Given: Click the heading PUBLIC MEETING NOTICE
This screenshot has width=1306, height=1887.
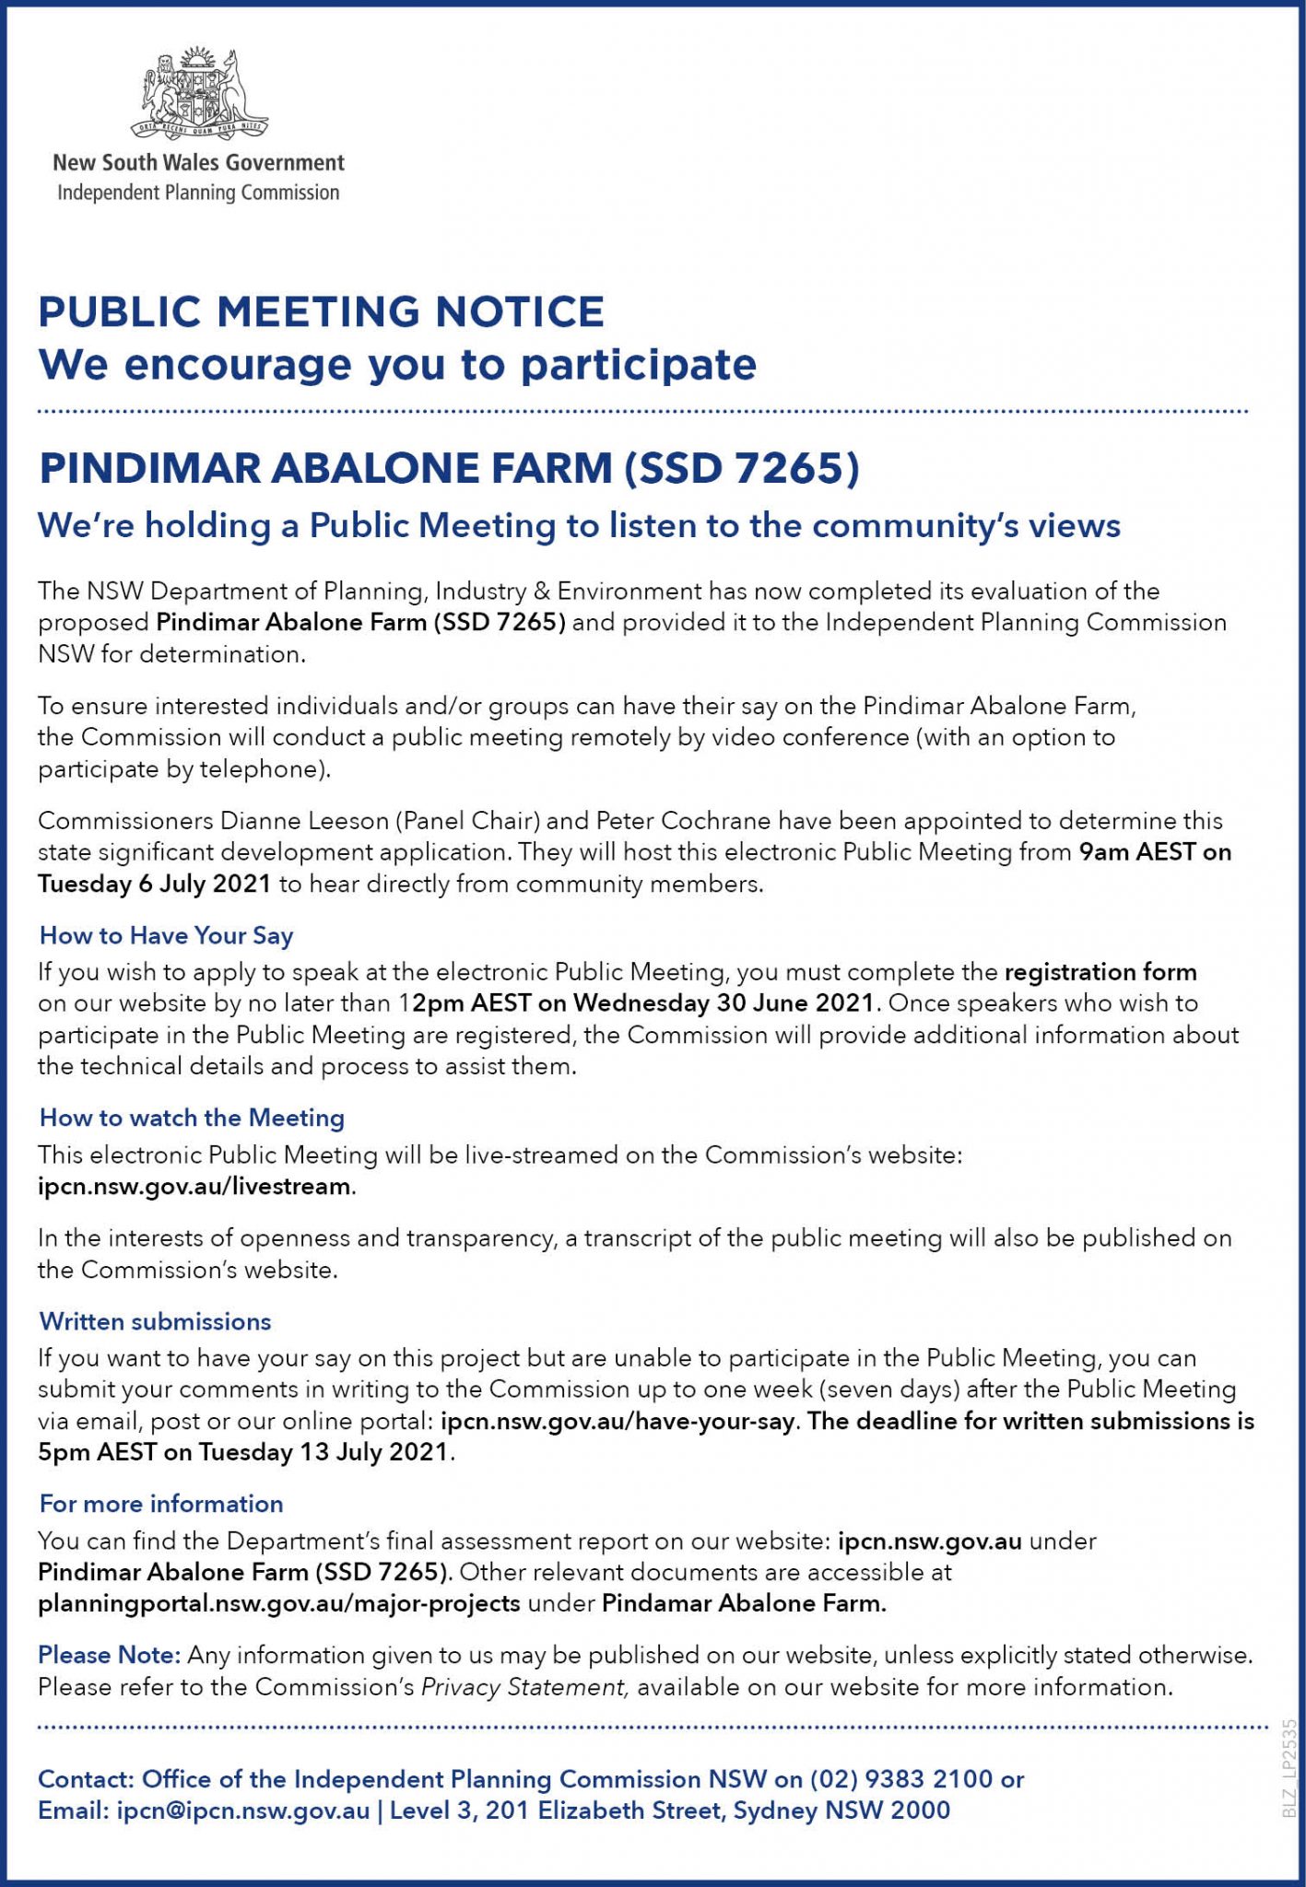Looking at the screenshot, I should tap(321, 311).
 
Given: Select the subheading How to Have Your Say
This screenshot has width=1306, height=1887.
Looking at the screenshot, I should tap(166, 936).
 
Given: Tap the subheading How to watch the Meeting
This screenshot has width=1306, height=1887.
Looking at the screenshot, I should tap(192, 1119).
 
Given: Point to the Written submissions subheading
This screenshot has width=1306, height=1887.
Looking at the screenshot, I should tap(155, 1322).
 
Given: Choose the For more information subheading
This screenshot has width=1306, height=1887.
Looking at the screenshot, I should tap(161, 1505).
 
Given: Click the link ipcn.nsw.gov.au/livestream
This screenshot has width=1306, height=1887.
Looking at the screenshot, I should tap(194, 1187).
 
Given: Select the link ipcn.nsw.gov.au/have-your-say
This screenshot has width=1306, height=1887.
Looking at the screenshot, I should tap(618, 1422).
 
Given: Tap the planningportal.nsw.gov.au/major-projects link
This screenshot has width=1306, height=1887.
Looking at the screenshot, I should tap(279, 1604).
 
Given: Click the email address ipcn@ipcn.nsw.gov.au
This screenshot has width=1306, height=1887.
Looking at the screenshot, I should tap(242, 1811).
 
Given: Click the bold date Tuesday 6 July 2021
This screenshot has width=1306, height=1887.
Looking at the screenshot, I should tap(155, 885).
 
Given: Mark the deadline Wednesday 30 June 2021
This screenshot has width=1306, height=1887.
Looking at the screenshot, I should tap(723, 1003).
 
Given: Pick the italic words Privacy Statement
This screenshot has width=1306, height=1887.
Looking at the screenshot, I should tap(524, 1688).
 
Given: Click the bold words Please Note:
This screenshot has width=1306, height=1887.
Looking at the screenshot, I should tap(109, 1656).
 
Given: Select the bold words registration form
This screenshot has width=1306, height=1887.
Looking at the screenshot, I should tap(1100, 972).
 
